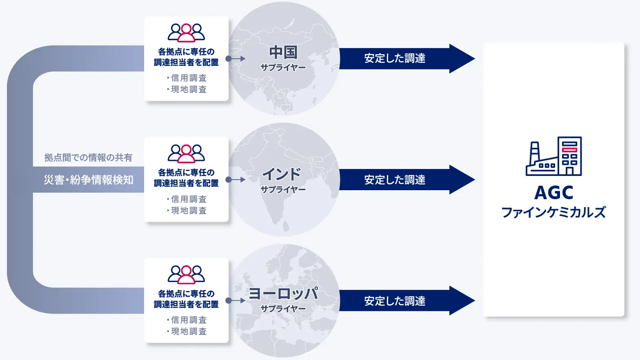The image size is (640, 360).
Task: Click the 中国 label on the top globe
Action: pyautogui.click(x=283, y=52)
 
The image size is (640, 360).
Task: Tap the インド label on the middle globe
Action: pyautogui.click(x=282, y=174)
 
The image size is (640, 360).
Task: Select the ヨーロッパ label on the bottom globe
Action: pyautogui.click(x=283, y=293)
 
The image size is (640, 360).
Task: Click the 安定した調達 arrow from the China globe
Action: pyautogui.click(x=407, y=59)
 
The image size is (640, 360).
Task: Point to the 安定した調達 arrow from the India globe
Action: pyautogui.click(x=407, y=180)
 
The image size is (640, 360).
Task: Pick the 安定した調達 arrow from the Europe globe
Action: pyautogui.click(x=407, y=300)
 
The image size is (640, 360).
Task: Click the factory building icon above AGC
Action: pyautogui.click(x=554, y=156)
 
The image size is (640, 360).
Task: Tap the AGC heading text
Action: pyautogui.click(x=554, y=193)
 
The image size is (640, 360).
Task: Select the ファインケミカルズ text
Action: pyautogui.click(x=554, y=212)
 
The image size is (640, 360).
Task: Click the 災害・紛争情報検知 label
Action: pyautogui.click(x=89, y=180)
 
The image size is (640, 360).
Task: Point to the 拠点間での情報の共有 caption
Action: pyautogui.click(x=88, y=158)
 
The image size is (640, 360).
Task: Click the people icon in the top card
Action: pyautogui.click(x=186, y=33)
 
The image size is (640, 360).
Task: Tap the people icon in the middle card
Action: pyautogui.click(x=186, y=154)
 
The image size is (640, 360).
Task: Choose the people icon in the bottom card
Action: pyautogui.click(x=186, y=275)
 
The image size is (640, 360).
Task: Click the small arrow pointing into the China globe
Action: pyautogui.click(x=236, y=59)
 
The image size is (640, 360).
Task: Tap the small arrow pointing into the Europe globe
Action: pyautogui.click(x=236, y=300)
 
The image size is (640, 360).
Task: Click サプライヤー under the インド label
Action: pyautogui.click(x=283, y=189)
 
